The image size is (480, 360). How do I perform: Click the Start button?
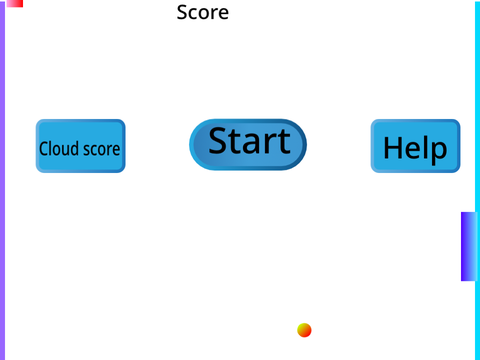(x=248, y=145)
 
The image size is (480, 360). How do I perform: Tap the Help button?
(x=416, y=146)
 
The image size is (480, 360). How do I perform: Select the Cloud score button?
(x=81, y=146)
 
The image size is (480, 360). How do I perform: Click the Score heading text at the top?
(x=203, y=12)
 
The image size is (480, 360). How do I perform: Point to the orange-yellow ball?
(x=304, y=330)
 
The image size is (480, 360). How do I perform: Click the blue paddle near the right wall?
(x=469, y=246)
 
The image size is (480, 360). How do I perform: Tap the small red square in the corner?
(x=15, y=3)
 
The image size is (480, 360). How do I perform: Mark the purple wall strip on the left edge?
(x=2, y=180)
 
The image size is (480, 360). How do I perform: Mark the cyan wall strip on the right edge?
(x=477, y=180)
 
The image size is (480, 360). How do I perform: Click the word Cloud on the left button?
(x=59, y=148)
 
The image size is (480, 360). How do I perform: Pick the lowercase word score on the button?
(x=101, y=150)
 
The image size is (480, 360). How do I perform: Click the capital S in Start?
(x=219, y=141)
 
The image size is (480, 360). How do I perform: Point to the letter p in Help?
(x=438, y=152)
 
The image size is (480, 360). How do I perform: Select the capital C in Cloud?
(x=44, y=149)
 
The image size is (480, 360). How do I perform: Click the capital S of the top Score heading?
(x=182, y=12)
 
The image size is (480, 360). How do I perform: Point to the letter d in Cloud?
(x=75, y=148)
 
